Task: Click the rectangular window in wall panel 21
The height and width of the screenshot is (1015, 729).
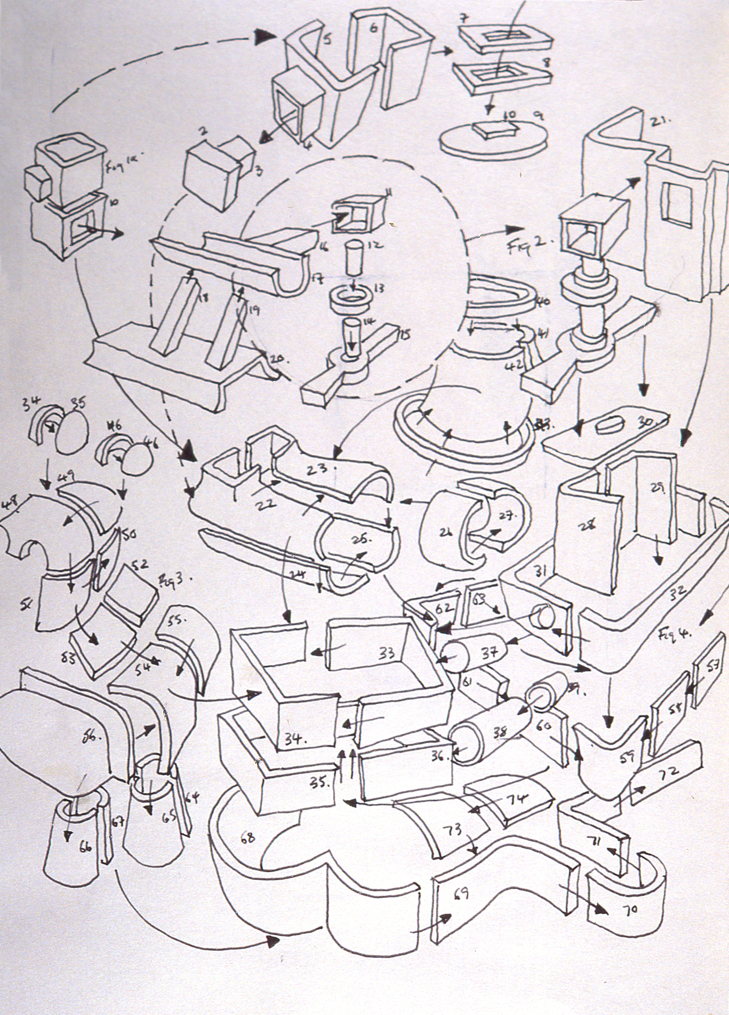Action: (x=677, y=205)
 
